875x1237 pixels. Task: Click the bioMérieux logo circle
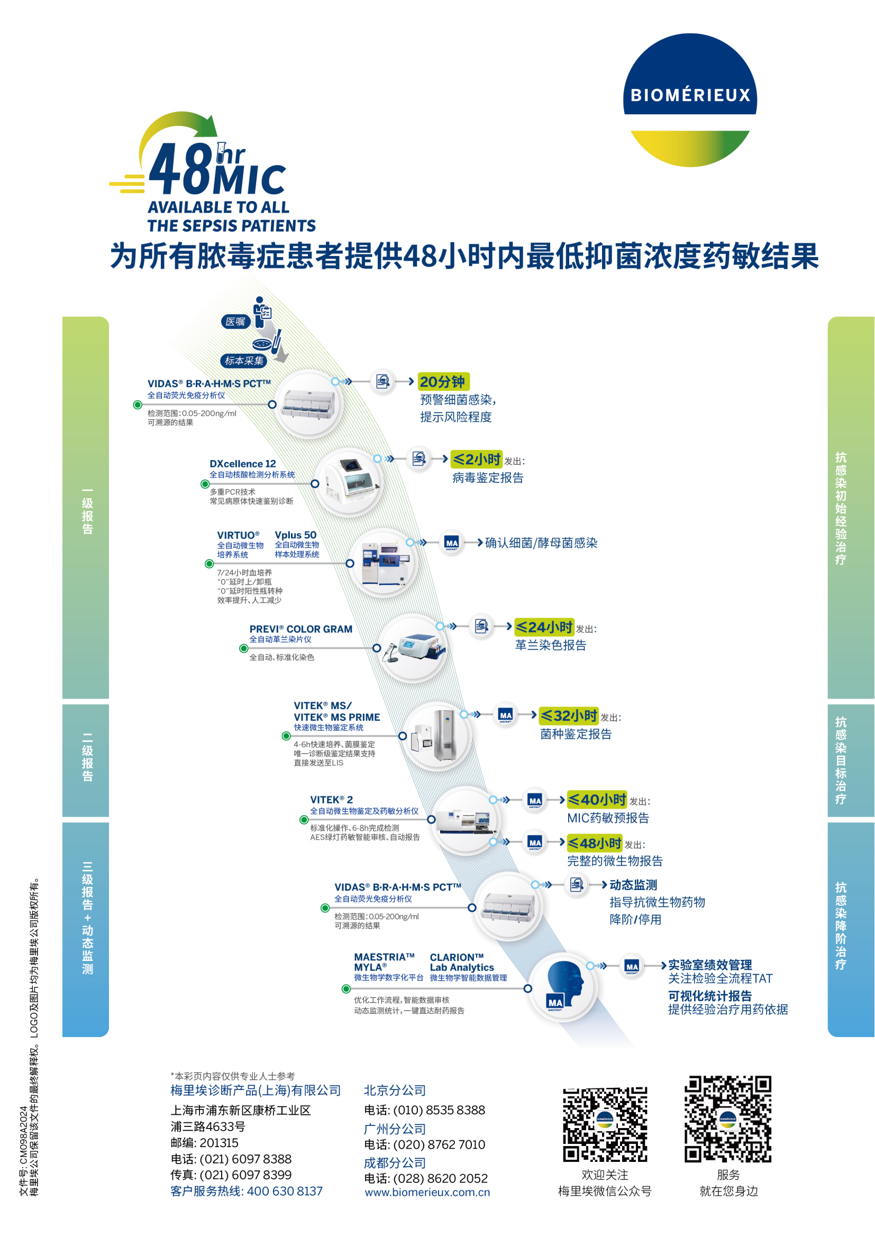pos(690,99)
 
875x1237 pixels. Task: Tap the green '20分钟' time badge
pos(443,381)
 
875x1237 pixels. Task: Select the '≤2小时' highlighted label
pos(476,459)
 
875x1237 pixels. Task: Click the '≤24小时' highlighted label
pos(544,627)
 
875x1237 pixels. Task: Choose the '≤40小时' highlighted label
pos(596,800)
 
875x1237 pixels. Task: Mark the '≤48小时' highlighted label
pos(594,842)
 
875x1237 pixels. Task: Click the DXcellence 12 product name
pos(242,463)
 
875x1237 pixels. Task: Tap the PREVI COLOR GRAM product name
pos(300,629)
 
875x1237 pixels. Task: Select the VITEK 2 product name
pos(331,800)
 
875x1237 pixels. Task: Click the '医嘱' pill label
pos(235,322)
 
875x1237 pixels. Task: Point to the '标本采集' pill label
pos(243,361)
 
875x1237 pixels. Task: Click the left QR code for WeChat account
pos(605,1124)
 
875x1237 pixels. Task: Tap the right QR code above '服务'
pos(727,1119)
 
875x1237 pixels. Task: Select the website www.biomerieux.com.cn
pos(427,1192)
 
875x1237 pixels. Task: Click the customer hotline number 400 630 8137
pos(285,1190)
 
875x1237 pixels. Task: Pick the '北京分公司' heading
pos(395,1090)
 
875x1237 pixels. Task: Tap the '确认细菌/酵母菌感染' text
pos(541,543)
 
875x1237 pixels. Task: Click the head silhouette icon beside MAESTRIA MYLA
pos(563,986)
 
